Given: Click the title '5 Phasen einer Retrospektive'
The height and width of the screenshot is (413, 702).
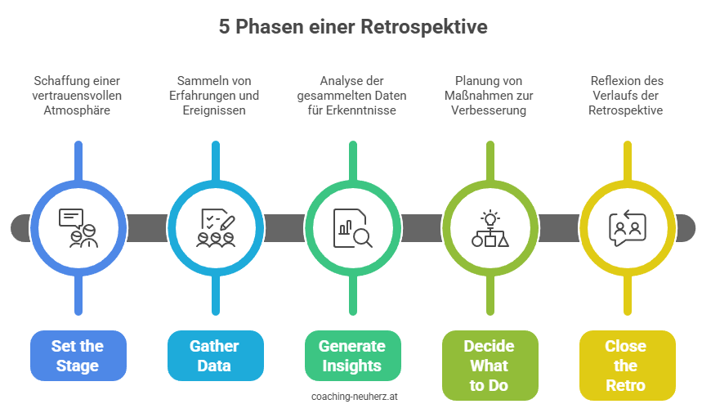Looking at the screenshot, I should (352, 27).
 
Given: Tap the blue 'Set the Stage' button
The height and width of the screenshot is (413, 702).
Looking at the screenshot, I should (78, 356).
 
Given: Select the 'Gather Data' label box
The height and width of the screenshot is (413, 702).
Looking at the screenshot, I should (214, 356).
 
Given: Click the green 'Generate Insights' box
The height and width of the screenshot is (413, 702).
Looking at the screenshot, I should (351, 356).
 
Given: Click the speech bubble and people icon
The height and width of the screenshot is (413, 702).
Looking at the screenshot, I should (78, 227).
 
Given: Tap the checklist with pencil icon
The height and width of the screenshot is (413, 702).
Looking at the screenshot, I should (215, 227).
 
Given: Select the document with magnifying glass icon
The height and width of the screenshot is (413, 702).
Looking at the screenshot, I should (352, 227).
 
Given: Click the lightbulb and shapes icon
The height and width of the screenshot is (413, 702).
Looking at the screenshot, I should (490, 227).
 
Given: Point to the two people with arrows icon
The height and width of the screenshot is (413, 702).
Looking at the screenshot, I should (626, 227).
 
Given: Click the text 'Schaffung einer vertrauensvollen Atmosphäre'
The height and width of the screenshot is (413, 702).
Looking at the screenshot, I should (78, 96).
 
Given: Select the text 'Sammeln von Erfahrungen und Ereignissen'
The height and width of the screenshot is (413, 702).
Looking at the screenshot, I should (214, 96).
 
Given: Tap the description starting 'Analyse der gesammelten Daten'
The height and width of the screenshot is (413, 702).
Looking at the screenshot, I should (351, 96).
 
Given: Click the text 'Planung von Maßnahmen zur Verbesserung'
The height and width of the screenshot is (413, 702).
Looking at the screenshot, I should (489, 96).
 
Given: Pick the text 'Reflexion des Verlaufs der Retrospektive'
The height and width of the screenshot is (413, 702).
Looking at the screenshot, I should (626, 96).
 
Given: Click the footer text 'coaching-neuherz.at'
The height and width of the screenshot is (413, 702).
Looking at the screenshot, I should (354, 396).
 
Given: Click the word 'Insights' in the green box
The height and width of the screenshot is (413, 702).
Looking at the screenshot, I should (351, 366).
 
